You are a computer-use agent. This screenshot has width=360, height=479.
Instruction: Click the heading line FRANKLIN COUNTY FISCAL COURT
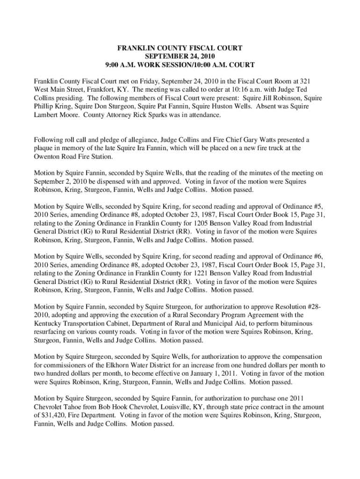click(x=180, y=48)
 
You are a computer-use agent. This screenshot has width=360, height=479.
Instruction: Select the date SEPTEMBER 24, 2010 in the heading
click(x=180, y=56)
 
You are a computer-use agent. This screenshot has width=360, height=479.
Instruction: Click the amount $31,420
click(x=58, y=415)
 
